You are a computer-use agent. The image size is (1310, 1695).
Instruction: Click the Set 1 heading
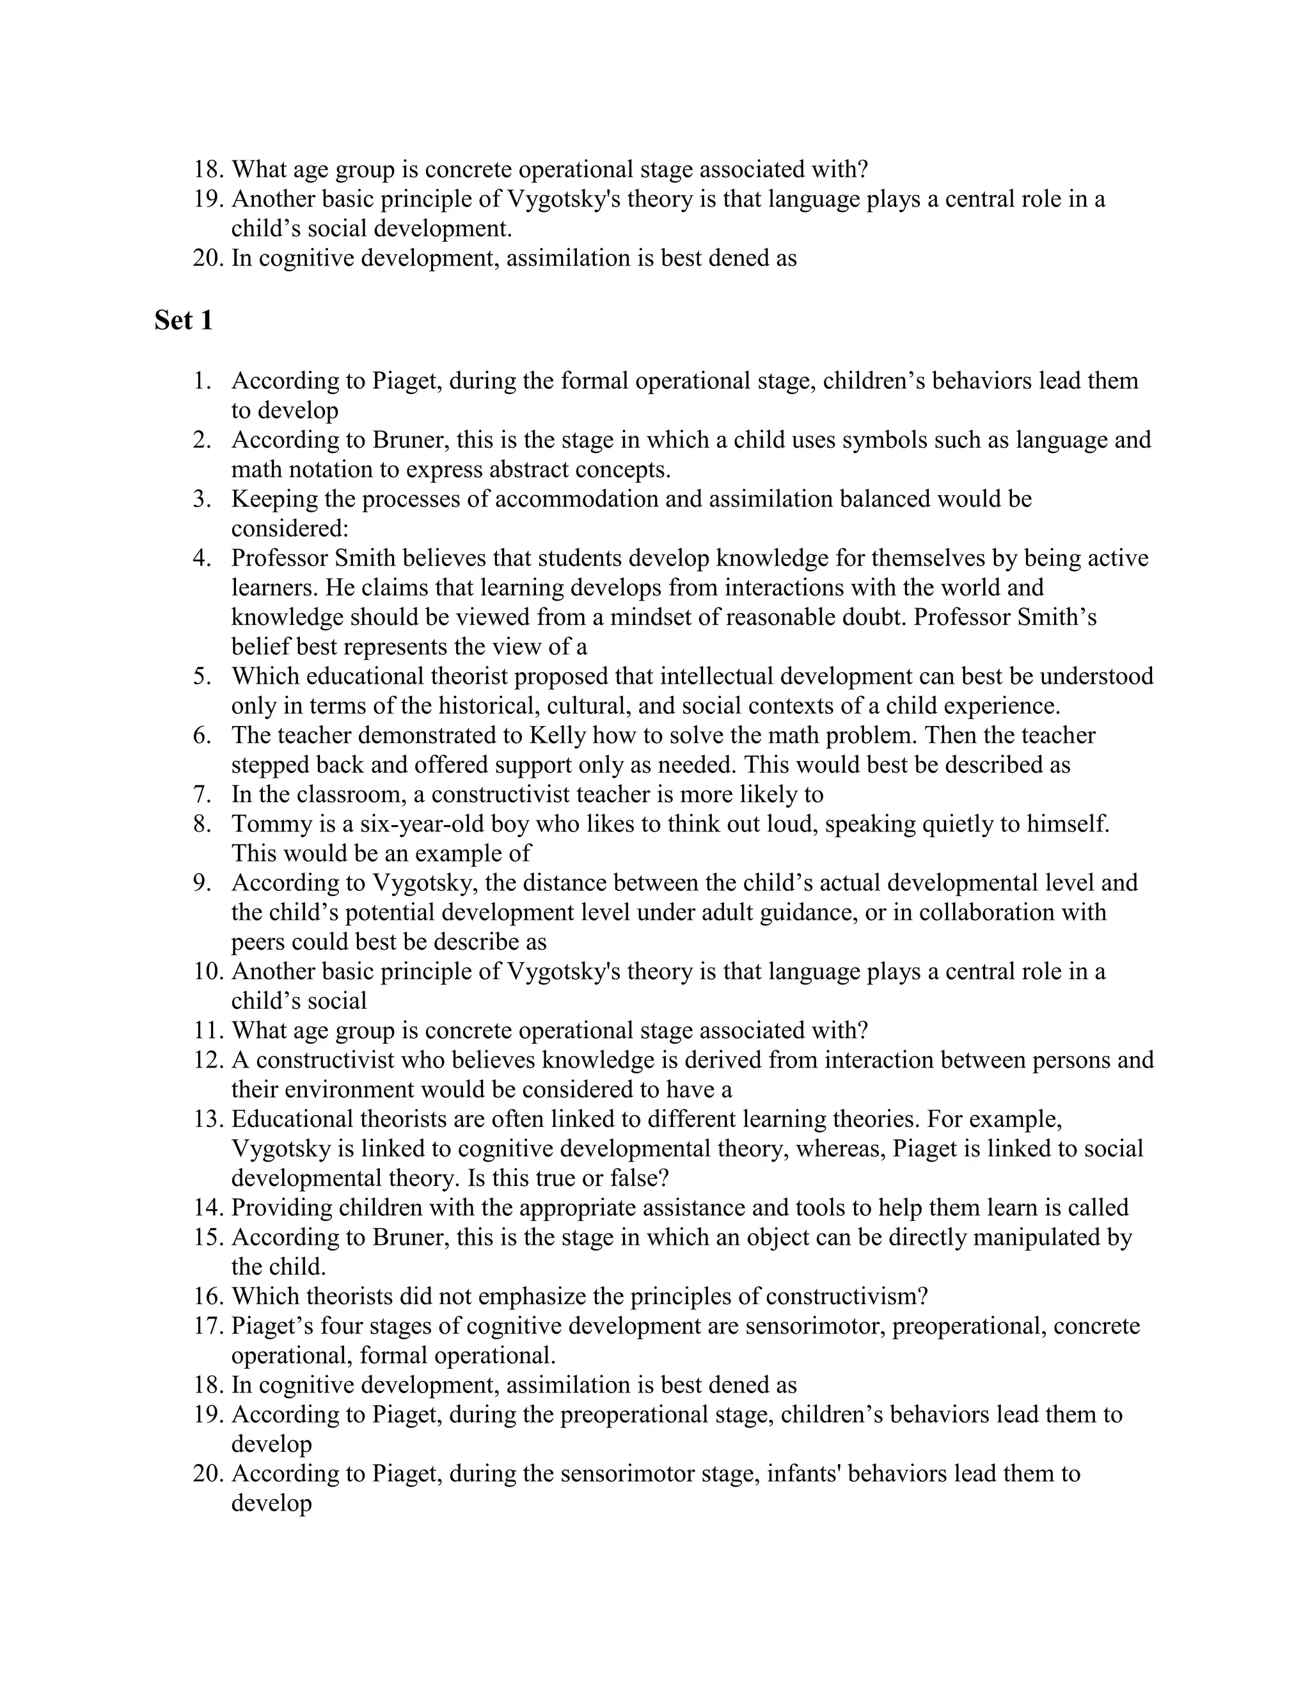[x=183, y=320]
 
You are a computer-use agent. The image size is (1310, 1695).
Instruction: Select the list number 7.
[x=203, y=794]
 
